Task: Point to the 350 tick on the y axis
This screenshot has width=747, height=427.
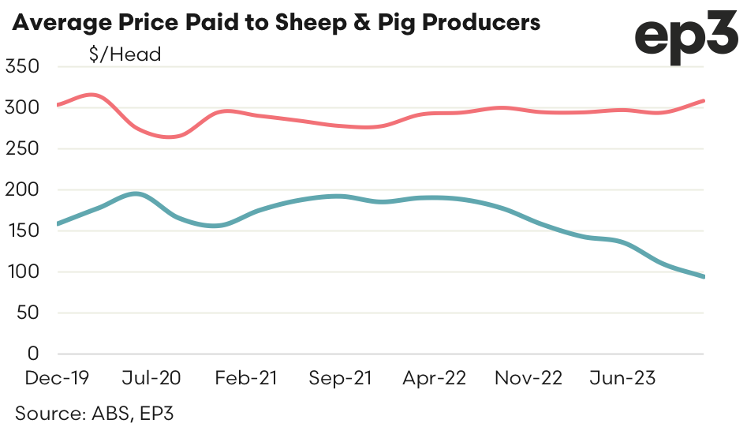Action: coord(22,66)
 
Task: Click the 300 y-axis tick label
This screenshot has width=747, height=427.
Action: coord(22,107)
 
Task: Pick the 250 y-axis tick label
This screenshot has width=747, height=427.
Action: coord(22,148)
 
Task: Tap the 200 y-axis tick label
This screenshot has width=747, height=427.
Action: coord(22,189)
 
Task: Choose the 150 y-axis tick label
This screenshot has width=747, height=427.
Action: coord(22,230)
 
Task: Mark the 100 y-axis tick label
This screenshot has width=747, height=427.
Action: coord(22,272)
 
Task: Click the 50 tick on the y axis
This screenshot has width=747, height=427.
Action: coord(28,313)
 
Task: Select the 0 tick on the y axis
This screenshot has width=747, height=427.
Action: coord(34,354)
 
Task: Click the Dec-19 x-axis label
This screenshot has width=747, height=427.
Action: coord(57,379)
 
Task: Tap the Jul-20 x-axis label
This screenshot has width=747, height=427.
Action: coord(152,379)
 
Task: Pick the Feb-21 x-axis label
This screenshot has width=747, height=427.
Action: coord(246,379)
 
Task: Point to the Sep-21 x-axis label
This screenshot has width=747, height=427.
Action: coord(340,379)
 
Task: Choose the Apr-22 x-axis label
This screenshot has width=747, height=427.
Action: coord(434,379)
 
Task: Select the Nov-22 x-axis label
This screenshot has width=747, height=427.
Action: coord(529,379)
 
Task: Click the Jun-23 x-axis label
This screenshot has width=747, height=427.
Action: coord(622,379)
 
